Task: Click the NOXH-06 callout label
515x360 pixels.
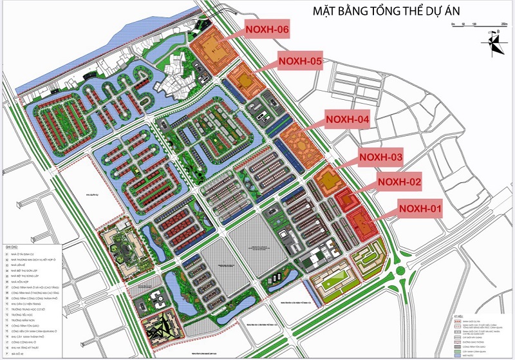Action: pyautogui.click(x=266, y=30)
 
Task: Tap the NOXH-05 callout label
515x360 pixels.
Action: pyautogui.click(x=299, y=61)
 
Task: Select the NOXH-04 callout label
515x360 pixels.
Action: pyautogui.click(x=347, y=120)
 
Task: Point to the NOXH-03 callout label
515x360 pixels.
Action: pyautogui.click(x=380, y=157)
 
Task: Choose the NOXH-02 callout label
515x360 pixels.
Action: pyautogui.click(x=399, y=182)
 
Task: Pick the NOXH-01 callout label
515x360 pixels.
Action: pyautogui.click(x=420, y=208)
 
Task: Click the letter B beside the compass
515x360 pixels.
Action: pyautogui.click(x=498, y=32)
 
